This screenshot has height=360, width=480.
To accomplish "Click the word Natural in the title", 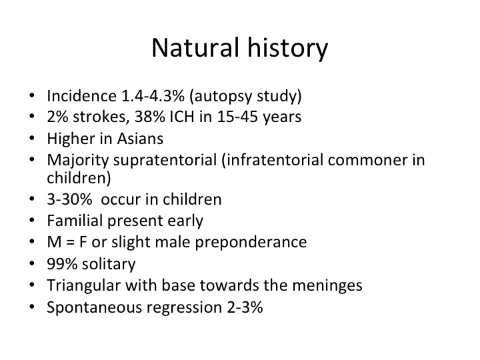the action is pyautogui.click(x=195, y=47).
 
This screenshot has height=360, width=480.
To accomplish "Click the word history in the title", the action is pyautogui.click(x=288, y=49).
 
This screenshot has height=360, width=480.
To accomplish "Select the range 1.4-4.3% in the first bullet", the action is pyautogui.click(x=153, y=96).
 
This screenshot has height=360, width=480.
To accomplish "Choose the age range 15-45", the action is pyautogui.click(x=237, y=117).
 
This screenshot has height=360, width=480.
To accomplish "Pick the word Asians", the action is pyautogui.click(x=140, y=139).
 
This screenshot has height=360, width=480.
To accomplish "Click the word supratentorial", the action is pyautogui.click(x=165, y=161).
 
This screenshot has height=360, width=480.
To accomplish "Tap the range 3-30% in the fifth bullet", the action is pyautogui.click(x=69, y=199).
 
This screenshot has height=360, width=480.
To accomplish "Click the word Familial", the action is pyautogui.click(x=75, y=221).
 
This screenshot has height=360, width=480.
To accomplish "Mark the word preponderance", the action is pyautogui.click(x=251, y=243).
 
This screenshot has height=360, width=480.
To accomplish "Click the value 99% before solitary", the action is pyautogui.click(x=62, y=264).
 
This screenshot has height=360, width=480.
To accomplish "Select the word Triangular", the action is pyautogui.click(x=83, y=286).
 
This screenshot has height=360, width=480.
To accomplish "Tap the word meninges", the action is pyautogui.click(x=327, y=286).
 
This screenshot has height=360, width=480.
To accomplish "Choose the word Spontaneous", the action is pyautogui.click(x=94, y=308).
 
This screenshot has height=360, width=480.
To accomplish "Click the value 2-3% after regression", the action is pyautogui.click(x=245, y=307).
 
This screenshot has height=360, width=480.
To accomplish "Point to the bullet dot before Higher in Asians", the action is pyautogui.click(x=32, y=138).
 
